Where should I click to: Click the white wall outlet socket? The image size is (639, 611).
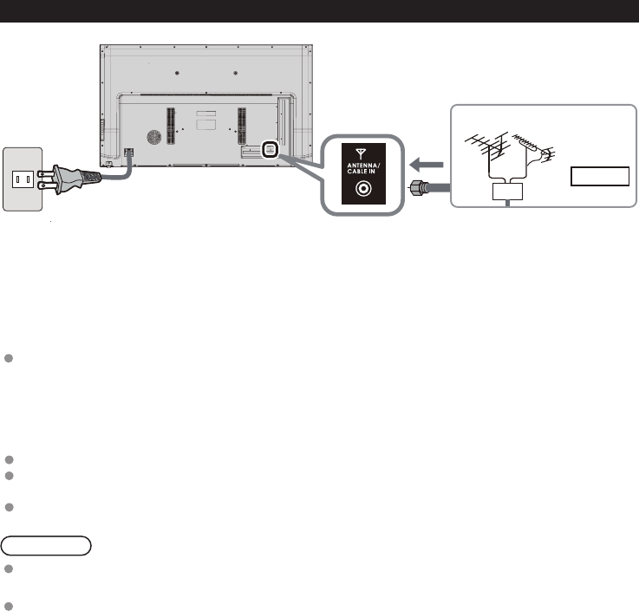click(x=23, y=179)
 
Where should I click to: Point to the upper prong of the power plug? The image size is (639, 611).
click(x=49, y=172)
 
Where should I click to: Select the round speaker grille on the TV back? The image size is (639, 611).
click(x=153, y=138)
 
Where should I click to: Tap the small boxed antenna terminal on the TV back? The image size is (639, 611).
click(x=270, y=149)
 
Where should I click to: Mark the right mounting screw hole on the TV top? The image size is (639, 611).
click(x=236, y=72)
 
